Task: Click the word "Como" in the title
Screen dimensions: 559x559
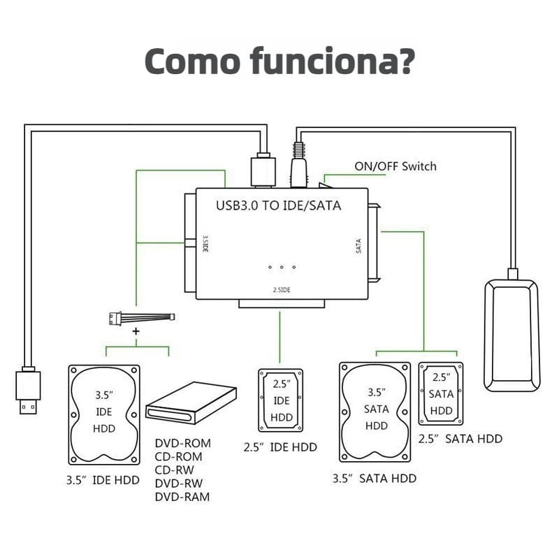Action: [x=192, y=61]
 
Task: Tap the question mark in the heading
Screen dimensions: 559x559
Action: [x=405, y=61]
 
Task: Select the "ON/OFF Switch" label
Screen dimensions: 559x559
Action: [x=395, y=166]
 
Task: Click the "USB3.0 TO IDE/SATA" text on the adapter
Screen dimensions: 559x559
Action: [x=278, y=205]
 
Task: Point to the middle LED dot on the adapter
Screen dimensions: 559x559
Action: [x=282, y=267]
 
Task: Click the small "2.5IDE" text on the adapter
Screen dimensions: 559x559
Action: [x=282, y=290]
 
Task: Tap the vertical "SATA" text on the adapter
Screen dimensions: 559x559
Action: [x=358, y=246]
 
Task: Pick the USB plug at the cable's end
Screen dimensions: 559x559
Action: [x=28, y=391]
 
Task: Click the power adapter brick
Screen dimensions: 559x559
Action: [x=512, y=336]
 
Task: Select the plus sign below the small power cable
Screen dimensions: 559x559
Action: [x=136, y=331]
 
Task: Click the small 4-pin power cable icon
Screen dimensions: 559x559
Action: [x=142, y=318]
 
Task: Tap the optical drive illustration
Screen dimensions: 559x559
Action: [x=191, y=403]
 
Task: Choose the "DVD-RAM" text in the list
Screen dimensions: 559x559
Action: [x=182, y=497]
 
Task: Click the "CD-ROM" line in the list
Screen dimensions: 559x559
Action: [x=179, y=457]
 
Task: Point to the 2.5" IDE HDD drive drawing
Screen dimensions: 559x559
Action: [x=281, y=400]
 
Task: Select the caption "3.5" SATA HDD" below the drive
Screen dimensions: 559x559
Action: [x=375, y=479]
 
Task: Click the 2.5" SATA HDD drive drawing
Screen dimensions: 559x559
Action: [x=441, y=393]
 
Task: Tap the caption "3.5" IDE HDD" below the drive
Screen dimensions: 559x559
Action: [x=103, y=480]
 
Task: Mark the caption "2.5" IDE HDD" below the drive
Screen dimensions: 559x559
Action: [x=280, y=447]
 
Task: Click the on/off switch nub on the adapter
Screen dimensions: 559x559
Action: [x=325, y=185]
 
